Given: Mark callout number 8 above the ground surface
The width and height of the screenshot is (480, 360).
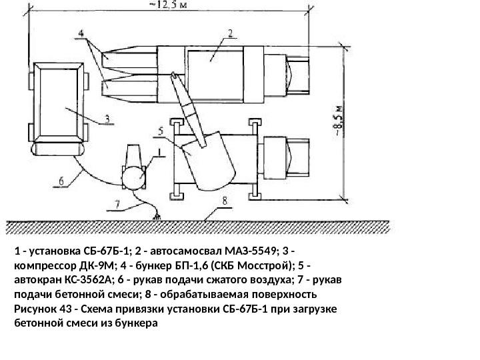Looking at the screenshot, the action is pos(224,199).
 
